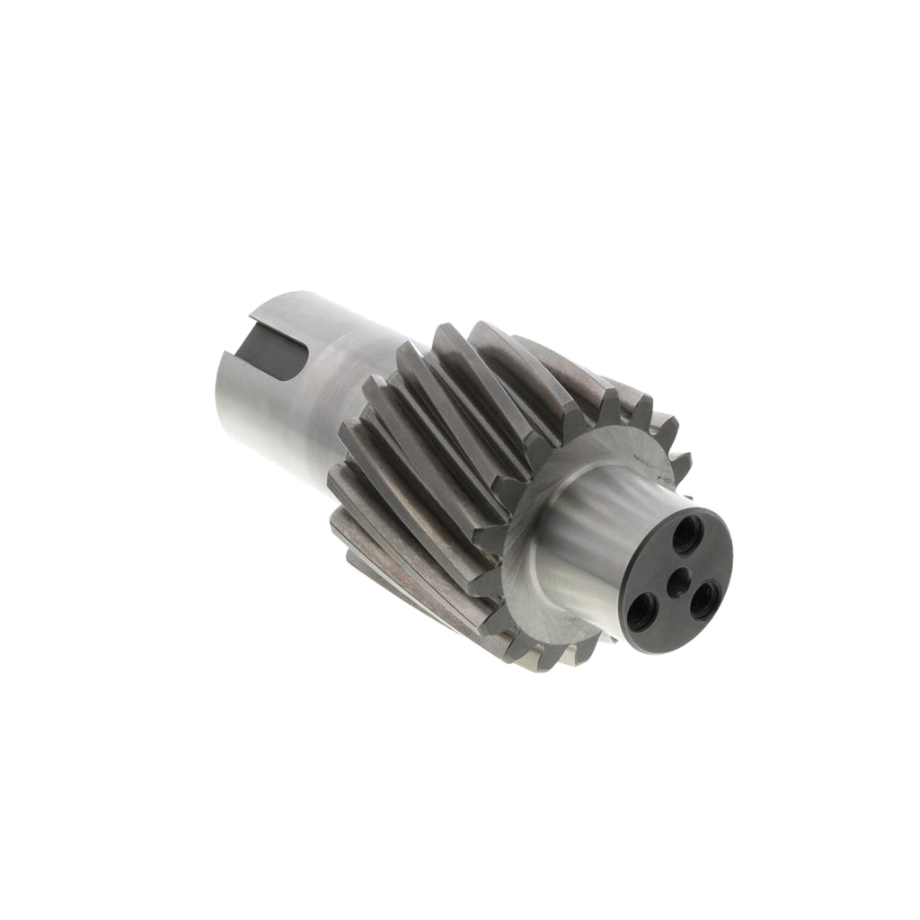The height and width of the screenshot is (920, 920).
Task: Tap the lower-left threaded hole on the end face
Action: pos(644,614)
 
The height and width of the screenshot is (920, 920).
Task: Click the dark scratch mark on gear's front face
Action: pos(640,459)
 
